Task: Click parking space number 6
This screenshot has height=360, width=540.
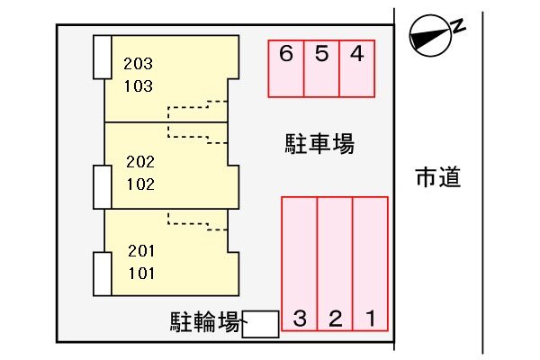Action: pos(286,68)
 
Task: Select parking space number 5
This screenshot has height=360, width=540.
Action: pos(321,68)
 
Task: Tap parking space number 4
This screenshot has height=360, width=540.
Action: pos(357,68)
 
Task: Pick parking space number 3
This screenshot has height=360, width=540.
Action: pos(300,264)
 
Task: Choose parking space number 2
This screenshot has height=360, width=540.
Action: pos(335,264)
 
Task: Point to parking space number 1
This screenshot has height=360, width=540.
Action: pos(371,264)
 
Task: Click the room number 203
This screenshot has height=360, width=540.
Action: pos(138,64)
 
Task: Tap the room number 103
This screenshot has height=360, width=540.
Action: pos(138,86)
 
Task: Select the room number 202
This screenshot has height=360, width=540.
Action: pos(140,162)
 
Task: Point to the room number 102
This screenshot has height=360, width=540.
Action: pos(140,184)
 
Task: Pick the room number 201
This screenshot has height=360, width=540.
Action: pos(141,251)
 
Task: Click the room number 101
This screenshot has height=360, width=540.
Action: pos(141,274)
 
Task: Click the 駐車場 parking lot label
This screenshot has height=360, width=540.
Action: pos(319,144)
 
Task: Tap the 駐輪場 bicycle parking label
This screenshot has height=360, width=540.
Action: pos(205,322)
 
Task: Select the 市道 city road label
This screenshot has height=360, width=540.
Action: pos(438,177)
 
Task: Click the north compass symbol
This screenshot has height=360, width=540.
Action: pos(430,35)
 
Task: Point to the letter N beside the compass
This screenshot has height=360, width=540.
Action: pos(458,26)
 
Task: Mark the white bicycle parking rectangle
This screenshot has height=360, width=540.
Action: pos(260,324)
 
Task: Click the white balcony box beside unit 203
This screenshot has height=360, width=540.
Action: pos(103,58)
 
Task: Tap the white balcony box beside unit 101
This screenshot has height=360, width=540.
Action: pos(103,274)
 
